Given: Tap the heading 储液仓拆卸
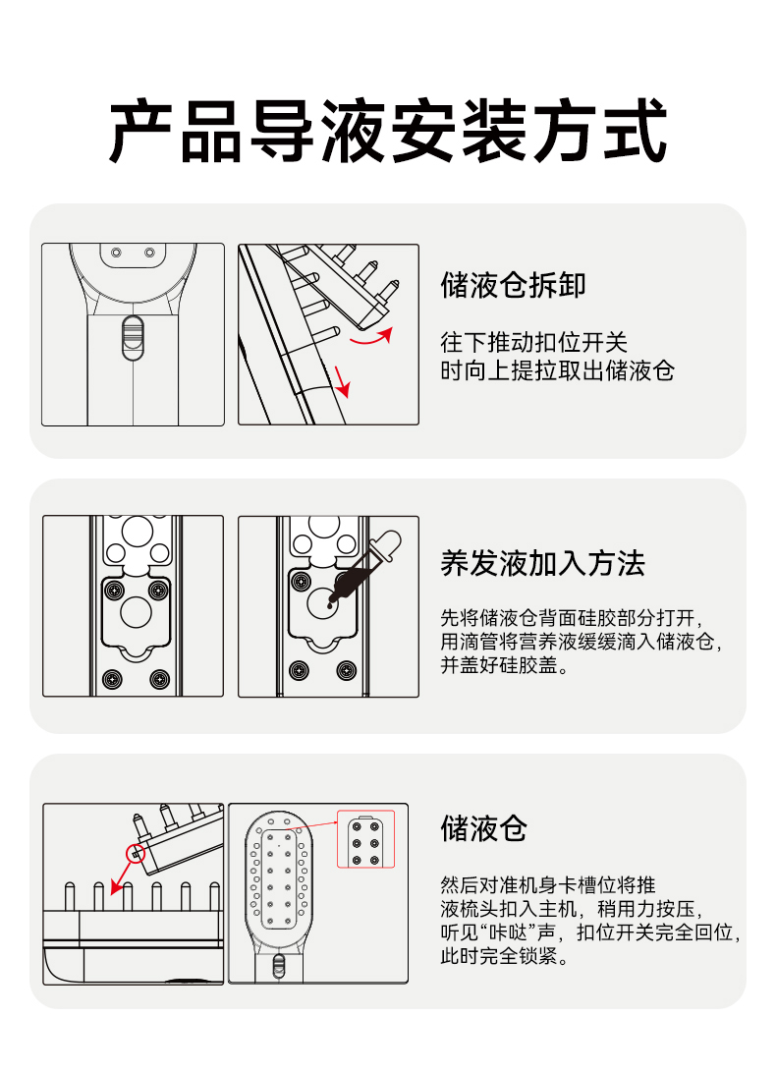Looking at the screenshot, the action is (513, 285).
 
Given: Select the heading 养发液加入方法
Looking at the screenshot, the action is (542, 564).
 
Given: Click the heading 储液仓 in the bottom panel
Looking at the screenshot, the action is (484, 828).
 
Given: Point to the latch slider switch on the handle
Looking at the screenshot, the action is (133, 337).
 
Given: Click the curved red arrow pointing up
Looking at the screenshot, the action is (371, 337).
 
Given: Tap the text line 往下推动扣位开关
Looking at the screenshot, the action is (533, 342).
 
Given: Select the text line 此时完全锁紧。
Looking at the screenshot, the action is (505, 955).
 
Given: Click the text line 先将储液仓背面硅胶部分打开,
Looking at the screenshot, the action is (572, 618).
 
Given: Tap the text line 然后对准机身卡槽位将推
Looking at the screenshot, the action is (548, 884).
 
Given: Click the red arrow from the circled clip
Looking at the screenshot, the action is (123, 876).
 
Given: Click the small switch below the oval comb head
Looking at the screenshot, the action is (279, 966).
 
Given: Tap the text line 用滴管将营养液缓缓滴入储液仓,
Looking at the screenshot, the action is (581, 642).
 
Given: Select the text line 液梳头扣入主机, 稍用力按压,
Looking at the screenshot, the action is (572, 909).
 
